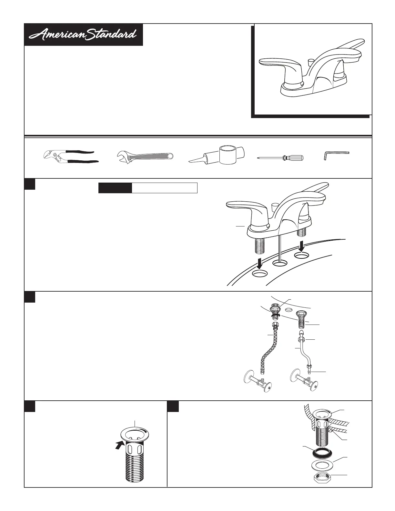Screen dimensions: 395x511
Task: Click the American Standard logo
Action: click(83, 35)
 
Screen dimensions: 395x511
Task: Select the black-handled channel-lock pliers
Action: click(71, 157)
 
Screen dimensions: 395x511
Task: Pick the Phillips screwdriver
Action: click(280, 157)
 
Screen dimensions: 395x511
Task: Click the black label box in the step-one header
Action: click(115, 188)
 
